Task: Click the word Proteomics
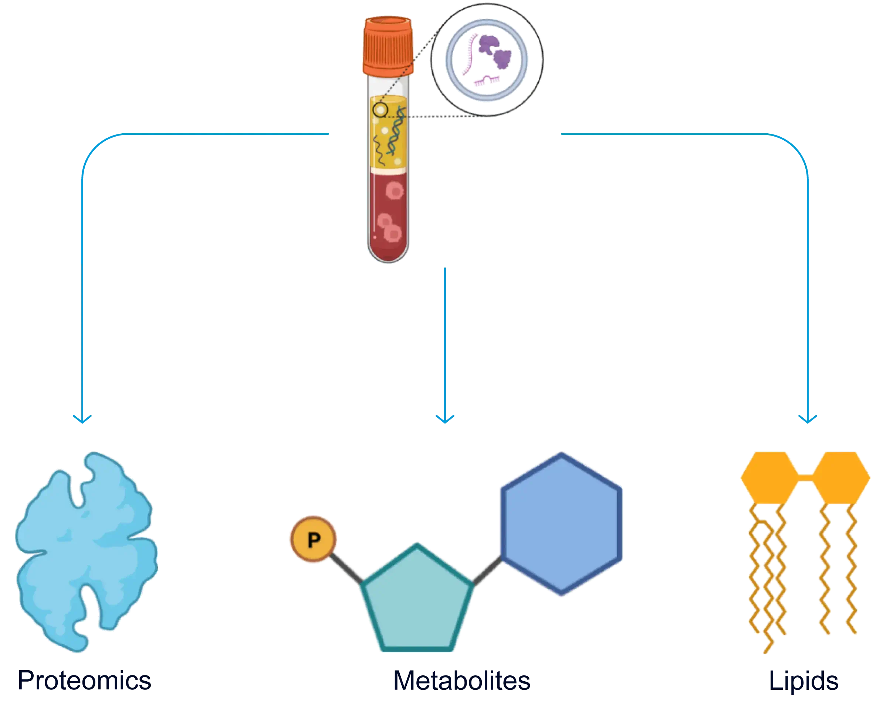[84, 681]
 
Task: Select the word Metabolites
[461, 681]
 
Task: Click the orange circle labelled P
[314, 539]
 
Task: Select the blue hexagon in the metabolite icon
[561, 524]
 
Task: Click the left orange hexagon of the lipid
[769, 477]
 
